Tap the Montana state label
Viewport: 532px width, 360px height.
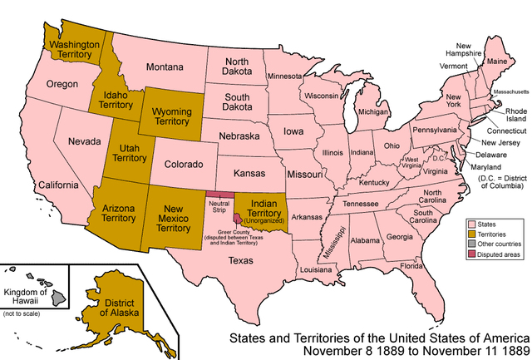tap(165, 66)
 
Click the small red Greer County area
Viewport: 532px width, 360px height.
tap(238, 219)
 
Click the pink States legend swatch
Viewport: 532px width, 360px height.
tap(471, 224)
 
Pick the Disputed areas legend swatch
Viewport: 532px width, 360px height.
tap(471, 254)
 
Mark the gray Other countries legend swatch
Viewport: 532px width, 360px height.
tap(471, 244)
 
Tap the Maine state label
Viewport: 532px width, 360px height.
tap(497, 62)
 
